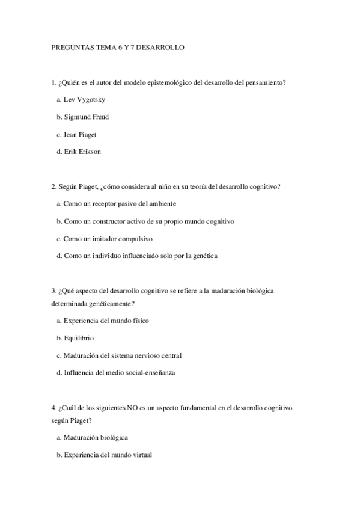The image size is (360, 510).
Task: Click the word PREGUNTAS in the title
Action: click(x=69, y=47)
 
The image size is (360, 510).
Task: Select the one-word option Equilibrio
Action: click(x=79, y=338)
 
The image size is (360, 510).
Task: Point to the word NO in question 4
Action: click(x=132, y=408)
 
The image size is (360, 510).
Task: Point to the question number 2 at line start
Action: click(x=53, y=186)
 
